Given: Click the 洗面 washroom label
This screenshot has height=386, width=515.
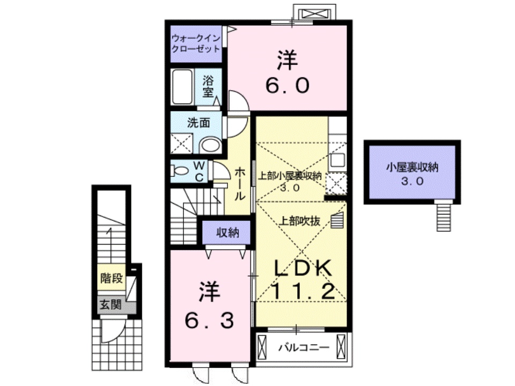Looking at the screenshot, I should pos(198,122).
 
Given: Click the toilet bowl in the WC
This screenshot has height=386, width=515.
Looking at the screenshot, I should pos(181,172).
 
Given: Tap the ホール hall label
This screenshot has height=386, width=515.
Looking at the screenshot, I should pos(241,183).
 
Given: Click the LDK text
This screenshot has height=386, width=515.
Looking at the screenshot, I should pos(304,269).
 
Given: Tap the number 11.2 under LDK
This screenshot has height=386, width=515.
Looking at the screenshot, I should pos(304,292).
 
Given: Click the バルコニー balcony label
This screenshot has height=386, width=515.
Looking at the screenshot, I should pos(303,347).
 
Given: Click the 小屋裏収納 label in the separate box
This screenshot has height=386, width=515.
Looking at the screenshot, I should pos(412,167).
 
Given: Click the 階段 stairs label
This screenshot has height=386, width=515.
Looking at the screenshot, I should pos(112,278).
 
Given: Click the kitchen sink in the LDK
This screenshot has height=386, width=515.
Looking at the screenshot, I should pos(338,160).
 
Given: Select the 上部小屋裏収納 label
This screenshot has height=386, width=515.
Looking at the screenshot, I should pos(290,175).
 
